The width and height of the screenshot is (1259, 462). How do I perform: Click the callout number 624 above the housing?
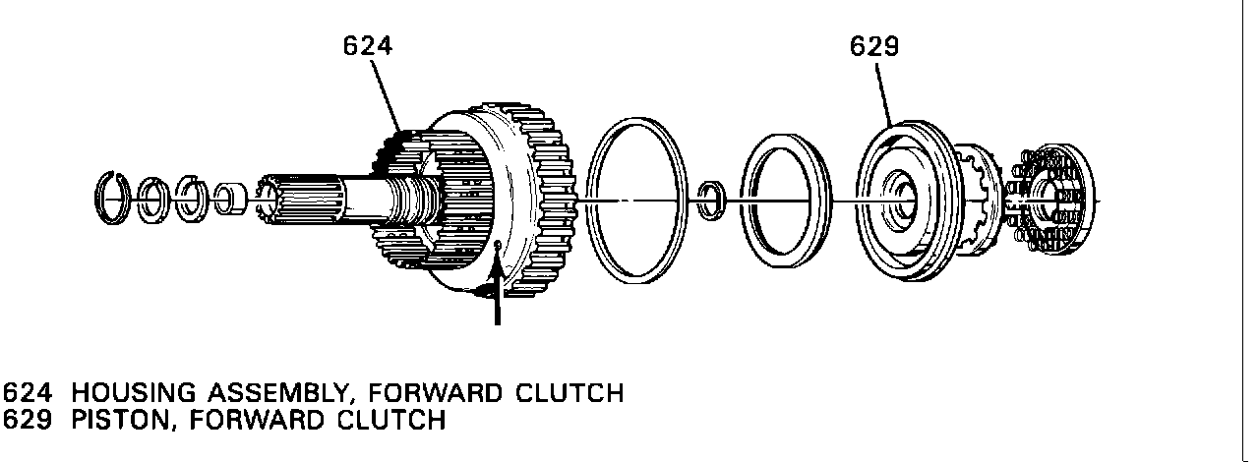tap(368, 45)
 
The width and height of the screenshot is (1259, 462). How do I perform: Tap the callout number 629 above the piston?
tap(875, 46)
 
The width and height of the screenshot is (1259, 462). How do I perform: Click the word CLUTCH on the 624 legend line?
tap(569, 393)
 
